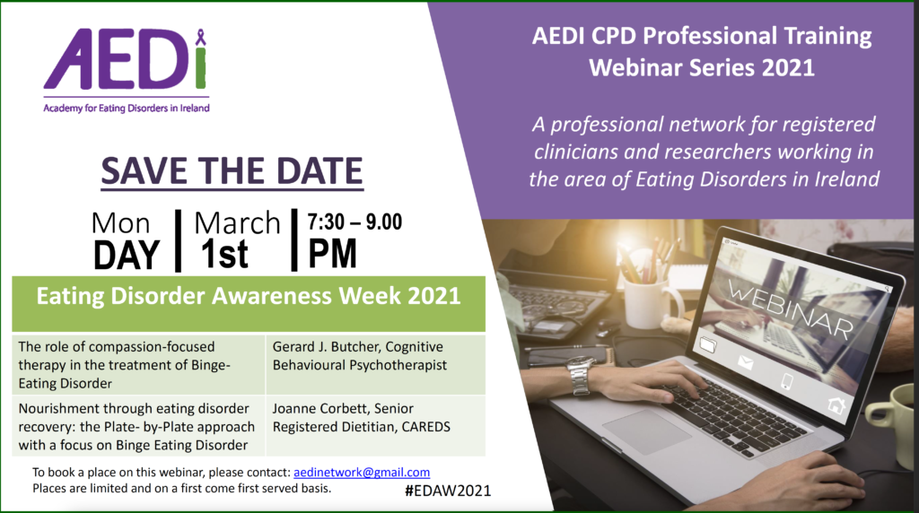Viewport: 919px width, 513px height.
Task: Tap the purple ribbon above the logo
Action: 201,37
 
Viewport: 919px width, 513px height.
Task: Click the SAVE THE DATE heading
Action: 232,171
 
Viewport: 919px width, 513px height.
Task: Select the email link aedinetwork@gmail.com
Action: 362,472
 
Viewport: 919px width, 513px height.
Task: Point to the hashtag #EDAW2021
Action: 448,491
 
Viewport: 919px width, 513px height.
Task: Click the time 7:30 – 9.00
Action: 354,222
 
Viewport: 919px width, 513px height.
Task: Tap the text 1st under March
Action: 224,254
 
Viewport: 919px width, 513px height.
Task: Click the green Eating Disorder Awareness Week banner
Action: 249,303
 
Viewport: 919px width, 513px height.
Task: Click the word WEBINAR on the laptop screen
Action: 790,309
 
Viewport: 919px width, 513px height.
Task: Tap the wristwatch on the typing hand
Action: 580,377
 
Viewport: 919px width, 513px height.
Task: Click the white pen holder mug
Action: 650,301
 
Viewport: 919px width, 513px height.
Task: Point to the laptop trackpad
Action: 645,431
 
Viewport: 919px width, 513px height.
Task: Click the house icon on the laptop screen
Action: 836,404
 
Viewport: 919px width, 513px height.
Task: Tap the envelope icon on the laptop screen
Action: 745,363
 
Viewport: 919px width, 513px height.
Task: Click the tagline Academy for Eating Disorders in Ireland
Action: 127,108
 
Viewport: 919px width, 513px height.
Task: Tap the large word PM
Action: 332,254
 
